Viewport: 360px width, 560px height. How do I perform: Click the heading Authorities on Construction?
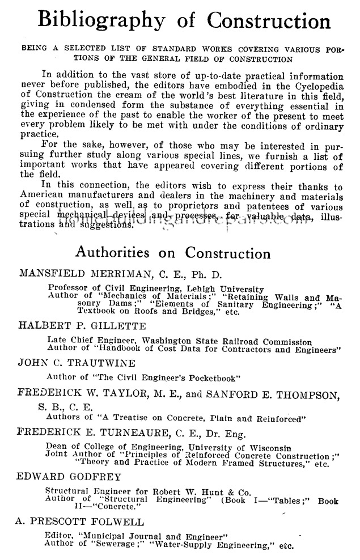click(x=173, y=252)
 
